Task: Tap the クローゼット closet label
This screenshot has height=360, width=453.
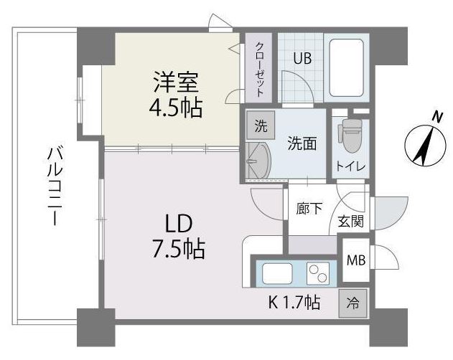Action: point(260,69)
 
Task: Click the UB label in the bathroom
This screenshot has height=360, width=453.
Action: point(302,59)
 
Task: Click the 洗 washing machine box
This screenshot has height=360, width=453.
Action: point(260,128)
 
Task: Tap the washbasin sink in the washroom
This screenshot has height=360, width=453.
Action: point(258,160)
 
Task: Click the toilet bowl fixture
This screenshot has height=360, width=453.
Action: point(351,135)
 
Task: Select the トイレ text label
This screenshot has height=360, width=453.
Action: point(350,167)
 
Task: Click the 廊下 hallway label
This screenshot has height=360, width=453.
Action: point(309,209)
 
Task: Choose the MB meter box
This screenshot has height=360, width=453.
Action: point(355,260)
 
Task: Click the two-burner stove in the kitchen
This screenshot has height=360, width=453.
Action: point(317,273)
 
